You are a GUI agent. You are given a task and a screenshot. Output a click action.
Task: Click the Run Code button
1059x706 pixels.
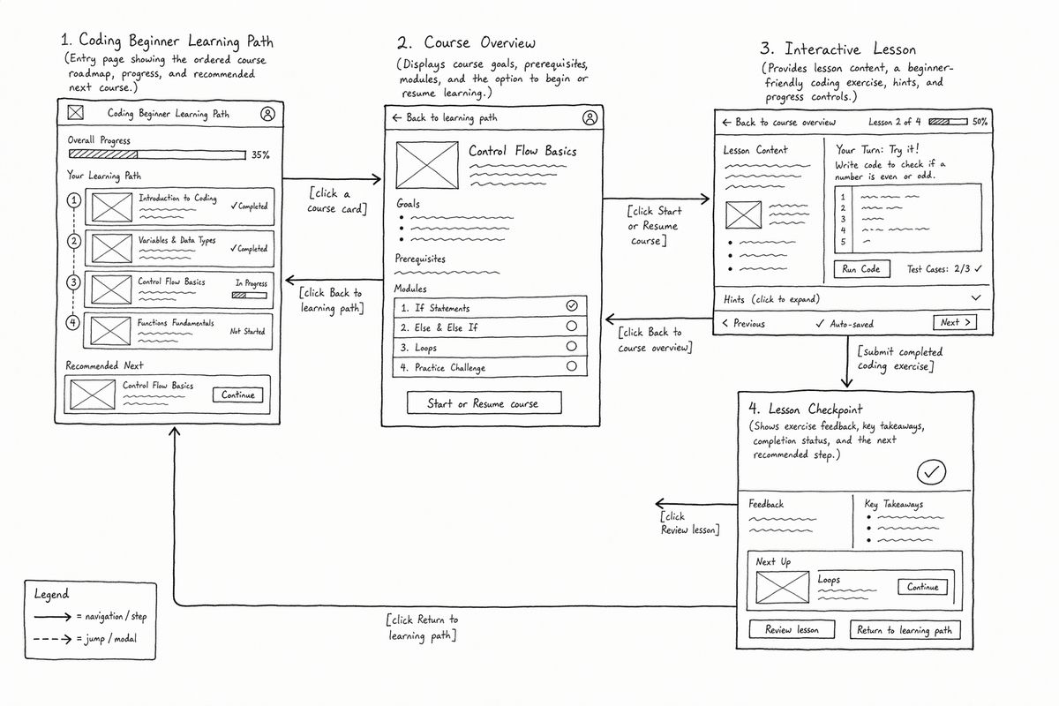click(861, 268)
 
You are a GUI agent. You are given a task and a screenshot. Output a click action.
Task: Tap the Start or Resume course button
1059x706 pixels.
click(484, 403)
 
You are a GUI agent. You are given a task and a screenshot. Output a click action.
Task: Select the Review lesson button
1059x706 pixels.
click(792, 629)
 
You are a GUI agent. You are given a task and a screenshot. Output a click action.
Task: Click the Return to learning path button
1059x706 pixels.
click(905, 630)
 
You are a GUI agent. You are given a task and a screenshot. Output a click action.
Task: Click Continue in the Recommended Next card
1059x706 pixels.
click(237, 394)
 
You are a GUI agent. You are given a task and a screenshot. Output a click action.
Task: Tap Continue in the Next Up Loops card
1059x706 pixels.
click(922, 587)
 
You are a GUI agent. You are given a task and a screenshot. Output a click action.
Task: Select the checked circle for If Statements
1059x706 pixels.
click(572, 306)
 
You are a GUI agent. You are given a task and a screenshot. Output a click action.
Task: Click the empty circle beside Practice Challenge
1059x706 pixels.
click(572, 366)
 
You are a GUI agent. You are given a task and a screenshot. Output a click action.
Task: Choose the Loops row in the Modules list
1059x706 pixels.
click(491, 347)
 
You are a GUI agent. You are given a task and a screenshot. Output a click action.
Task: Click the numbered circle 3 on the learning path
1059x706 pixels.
click(73, 282)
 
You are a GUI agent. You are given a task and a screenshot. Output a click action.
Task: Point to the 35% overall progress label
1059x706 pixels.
click(260, 154)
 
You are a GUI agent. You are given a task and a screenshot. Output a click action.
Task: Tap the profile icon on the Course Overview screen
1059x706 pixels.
click(590, 117)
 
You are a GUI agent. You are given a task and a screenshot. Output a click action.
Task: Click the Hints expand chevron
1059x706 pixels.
click(976, 298)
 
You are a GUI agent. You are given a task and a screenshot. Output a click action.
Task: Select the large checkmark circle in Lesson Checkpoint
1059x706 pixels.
click(931, 472)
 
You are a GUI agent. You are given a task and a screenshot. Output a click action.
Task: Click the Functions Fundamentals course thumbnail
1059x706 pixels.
click(110, 331)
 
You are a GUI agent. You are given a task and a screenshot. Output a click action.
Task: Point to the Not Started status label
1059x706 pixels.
click(247, 331)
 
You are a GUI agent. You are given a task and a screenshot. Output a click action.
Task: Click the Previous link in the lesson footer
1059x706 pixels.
click(744, 324)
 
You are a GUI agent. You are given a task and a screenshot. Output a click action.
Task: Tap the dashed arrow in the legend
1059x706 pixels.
click(52, 639)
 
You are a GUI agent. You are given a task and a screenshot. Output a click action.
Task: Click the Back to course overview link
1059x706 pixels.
click(779, 123)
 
